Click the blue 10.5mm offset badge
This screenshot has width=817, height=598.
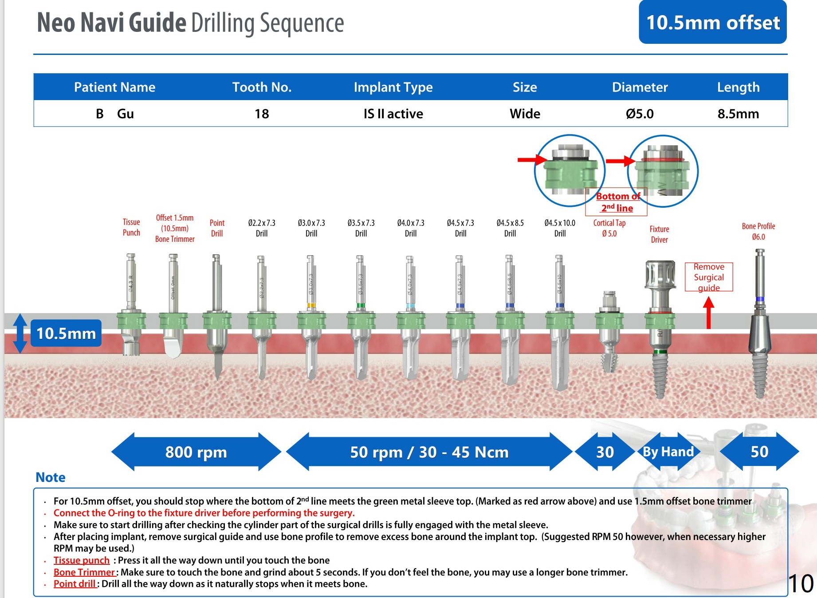pyautogui.click(x=712, y=22)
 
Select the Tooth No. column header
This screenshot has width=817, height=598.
pyautogui.click(x=262, y=87)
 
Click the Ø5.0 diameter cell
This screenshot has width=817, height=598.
pyautogui.click(x=640, y=114)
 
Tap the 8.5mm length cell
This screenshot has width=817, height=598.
pyautogui.click(x=738, y=114)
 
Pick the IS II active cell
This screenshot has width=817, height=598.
pyautogui.click(x=393, y=114)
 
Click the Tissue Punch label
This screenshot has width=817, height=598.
pyautogui.click(x=131, y=227)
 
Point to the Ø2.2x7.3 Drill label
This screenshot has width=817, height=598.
pyautogui.click(x=262, y=228)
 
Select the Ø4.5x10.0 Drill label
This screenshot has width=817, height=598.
pyautogui.click(x=560, y=228)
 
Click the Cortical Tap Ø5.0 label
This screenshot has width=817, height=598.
pyautogui.click(x=609, y=228)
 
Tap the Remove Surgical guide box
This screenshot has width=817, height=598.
pyautogui.click(x=709, y=277)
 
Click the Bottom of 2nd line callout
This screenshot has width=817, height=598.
pyautogui.click(x=617, y=202)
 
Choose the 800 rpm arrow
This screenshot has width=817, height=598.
pyautogui.click(x=196, y=452)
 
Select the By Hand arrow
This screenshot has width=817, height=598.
pyautogui.click(x=668, y=452)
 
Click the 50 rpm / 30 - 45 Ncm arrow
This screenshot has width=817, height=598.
pyautogui.click(x=429, y=452)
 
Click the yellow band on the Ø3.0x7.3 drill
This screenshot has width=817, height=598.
pyautogui.click(x=311, y=305)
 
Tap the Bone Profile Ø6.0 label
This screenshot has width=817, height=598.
pyautogui.click(x=758, y=231)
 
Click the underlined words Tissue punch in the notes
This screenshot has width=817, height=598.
pyautogui.click(x=82, y=560)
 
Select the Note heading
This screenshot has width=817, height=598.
pyautogui.click(x=51, y=477)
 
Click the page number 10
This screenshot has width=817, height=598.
pyautogui.click(x=801, y=583)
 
